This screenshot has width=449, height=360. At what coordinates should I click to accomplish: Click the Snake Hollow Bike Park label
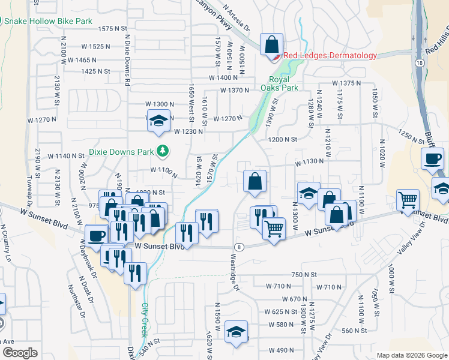coord(49,21)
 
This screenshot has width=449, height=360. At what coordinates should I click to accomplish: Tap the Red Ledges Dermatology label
coord(330,56)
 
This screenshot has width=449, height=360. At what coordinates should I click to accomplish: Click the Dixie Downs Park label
coord(120,151)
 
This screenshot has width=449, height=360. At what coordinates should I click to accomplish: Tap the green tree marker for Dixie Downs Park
coord(161,150)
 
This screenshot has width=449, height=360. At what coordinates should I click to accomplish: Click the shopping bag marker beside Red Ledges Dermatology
coord(272,44)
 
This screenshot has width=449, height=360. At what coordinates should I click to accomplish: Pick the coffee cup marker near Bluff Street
coord(432,160)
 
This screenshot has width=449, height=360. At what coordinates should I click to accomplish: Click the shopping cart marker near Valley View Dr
coord(408,200)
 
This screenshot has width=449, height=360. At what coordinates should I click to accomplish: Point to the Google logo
coord(20,353)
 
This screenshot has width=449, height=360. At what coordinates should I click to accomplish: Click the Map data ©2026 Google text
coord(411,355)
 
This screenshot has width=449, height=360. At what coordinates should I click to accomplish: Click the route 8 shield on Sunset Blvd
coord(240,247)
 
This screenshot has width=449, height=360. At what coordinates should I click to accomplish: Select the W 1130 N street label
coord(309,162)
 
